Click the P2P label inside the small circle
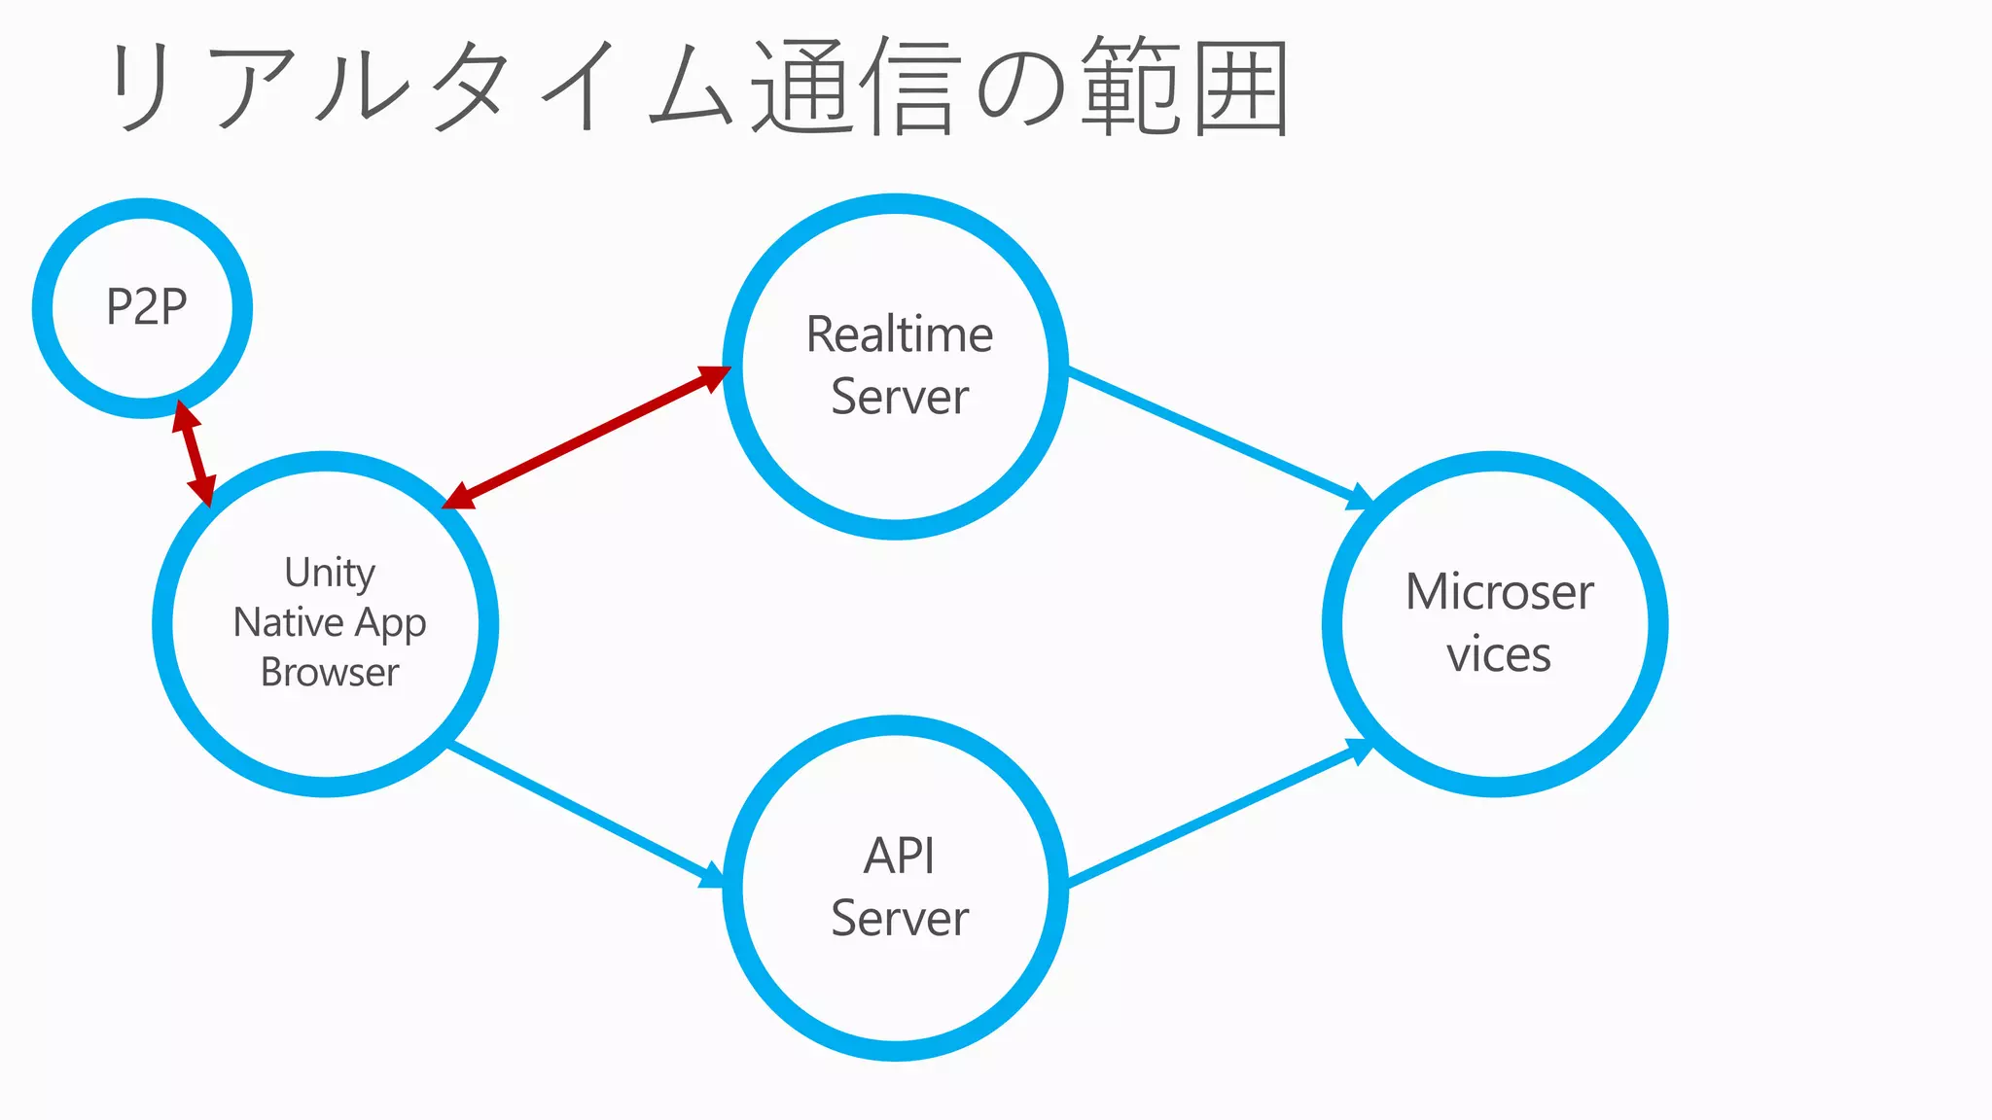[x=146, y=307]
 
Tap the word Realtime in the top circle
[x=900, y=334]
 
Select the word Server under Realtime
[x=900, y=397]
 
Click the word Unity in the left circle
[x=330, y=573]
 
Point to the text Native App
[x=330, y=623]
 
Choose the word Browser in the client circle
[x=330, y=673]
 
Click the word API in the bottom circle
[x=900, y=857]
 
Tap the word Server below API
[x=900, y=919]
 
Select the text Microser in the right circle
[x=1499, y=592]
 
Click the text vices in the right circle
[x=1498, y=654]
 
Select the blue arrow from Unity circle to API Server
[x=584, y=814]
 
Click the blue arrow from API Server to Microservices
[x=1216, y=815]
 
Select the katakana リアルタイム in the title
[x=418, y=87]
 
